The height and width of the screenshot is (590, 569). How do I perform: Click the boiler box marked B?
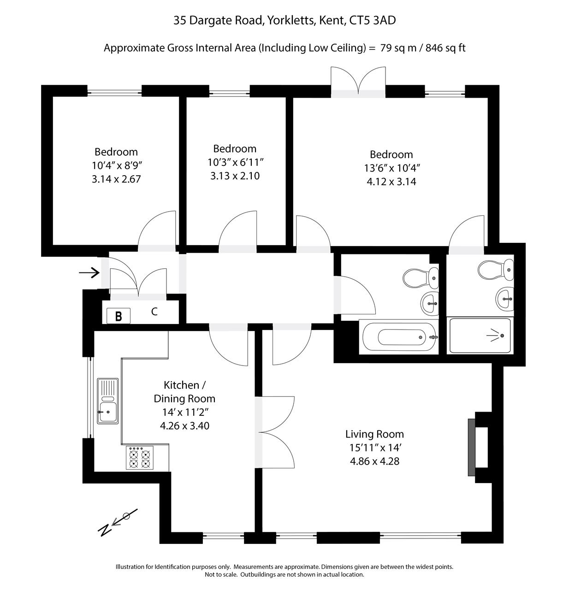(119, 316)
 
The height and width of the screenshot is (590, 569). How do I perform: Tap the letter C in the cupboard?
(154, 312)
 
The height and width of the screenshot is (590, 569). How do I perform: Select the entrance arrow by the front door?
(89, 272)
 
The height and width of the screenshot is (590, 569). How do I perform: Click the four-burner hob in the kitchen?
(140, 458)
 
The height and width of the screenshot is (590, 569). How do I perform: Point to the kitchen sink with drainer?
(108, 401)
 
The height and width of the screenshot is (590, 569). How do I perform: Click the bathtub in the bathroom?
(399, 337)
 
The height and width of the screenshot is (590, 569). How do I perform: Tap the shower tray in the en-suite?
(480, 336)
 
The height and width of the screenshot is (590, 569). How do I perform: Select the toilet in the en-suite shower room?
(496, 270)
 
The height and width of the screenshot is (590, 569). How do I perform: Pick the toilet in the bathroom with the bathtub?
(421, 278)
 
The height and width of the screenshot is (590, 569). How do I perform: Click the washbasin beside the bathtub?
(429, 303)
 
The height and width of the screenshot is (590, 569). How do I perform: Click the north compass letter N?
(105, 529)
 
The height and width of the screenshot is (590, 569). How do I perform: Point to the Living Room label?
(374, 434)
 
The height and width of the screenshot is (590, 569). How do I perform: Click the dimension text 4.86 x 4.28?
(374, 461)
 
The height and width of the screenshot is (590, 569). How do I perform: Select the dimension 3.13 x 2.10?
(235, 176)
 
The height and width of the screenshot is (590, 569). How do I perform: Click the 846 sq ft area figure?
(445, 48)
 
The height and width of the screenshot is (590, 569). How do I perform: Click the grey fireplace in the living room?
(472, 448)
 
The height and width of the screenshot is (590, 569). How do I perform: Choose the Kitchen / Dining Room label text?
(184, 392)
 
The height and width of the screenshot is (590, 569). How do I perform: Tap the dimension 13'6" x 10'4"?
(391, 168)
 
